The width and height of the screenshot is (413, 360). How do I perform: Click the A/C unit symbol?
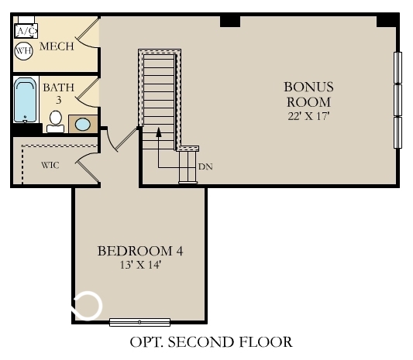pyautogui.click(x=26, y=31)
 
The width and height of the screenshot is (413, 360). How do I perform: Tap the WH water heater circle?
pyautogui.click(x=23, y=51)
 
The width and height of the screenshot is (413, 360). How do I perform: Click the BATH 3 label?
pyautogui.click(x=58, y=94)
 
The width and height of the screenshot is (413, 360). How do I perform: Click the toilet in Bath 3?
pyautogui.click(x=55, y=122)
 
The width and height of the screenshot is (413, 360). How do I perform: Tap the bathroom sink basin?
pyautogui.click(x=81, y=124)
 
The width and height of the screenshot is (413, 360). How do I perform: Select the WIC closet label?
pyautogui.click(x=50, y=164)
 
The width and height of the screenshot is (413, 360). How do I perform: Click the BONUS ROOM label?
pyautogui.click(x=308, y=94)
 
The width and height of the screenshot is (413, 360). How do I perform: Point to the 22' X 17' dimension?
pyautogui.click(x=308, y=116)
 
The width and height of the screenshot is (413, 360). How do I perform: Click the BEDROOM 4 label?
pyautogui.click(x=139, y=251)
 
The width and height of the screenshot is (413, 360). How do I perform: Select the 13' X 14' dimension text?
pyautogui.click(x=139, y=266)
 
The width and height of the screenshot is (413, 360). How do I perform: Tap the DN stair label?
pyautogui.click(x=205, y=166)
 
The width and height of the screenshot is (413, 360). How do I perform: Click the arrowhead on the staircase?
pyautogui.click(x=159, y=132)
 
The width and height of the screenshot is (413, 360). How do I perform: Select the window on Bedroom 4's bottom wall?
pyautogui.click(x=139, y=321)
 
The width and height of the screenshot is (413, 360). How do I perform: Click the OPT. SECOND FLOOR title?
pyautogui.click(x=212, y=341)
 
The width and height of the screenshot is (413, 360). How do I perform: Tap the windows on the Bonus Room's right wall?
pyautogui.click(x=398, y=100)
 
